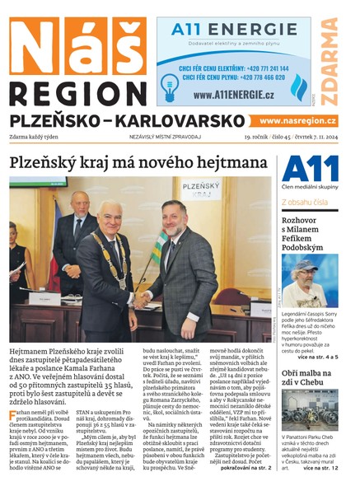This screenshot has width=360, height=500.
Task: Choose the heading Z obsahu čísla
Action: tap(306, 201)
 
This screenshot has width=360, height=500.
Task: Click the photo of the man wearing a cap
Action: tap(309, 280)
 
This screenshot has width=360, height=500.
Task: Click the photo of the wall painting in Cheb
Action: tap(309, 409)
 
